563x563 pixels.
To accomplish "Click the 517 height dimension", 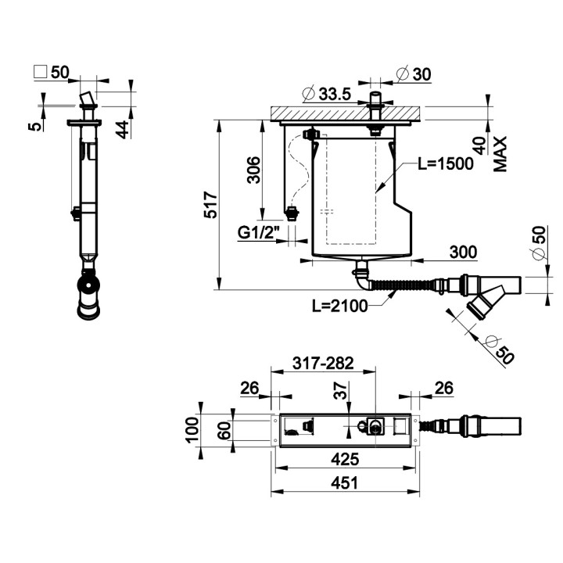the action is point(210,205).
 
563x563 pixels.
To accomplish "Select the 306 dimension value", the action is point(254,170).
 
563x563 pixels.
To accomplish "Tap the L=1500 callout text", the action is point(446,163).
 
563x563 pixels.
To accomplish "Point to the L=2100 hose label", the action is point(339,306).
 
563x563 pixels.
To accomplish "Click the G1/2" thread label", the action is point(258,233).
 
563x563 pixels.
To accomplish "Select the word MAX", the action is point(500,154).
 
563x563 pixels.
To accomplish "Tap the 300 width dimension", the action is point(463,252).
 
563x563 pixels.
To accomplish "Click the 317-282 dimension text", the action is point(323,363).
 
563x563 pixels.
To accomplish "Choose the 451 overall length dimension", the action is point(345,483).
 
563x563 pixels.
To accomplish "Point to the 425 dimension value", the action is point(345,459).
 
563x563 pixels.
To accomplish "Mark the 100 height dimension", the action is point(192,429).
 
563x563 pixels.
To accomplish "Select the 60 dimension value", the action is point(224,431).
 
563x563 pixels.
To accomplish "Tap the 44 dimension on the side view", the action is point(122,130).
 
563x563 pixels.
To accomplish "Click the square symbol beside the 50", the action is point(40,71).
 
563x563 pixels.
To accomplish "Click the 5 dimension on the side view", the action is point(35,127).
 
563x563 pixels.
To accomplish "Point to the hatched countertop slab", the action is point(346,113).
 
